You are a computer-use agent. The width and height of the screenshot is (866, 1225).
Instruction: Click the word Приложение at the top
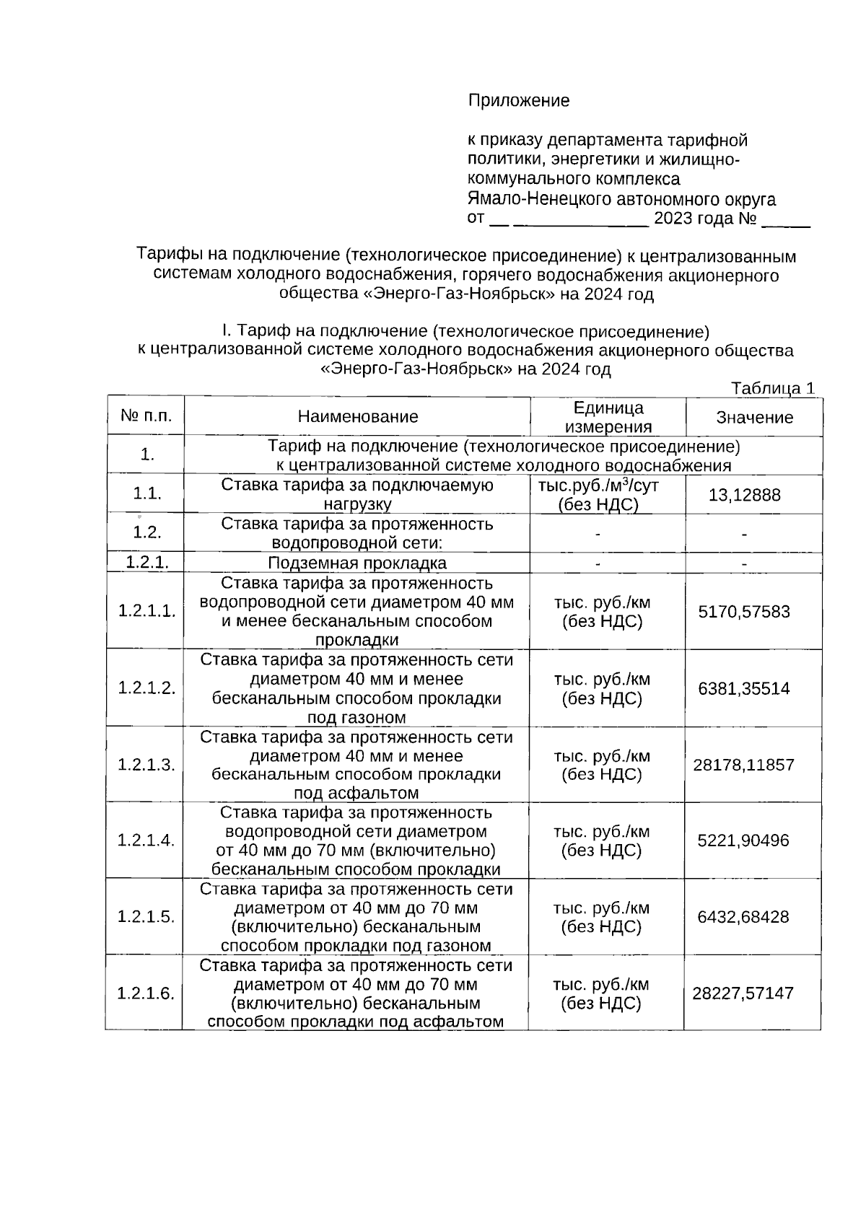click(x=518, y=101)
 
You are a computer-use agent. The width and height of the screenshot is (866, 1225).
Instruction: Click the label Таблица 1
click(x=772, y=388)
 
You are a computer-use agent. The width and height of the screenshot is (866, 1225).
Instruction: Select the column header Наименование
click(x=357, y=417)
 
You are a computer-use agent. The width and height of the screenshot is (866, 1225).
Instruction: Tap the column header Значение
click(x=754, y=418)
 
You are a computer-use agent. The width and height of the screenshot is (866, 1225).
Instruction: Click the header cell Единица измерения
click(x=608, y=418)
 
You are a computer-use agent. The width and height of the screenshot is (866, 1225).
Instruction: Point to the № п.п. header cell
click(x=146, y=416)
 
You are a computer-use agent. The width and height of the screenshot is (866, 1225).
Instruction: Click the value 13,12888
click(x=744, y=495)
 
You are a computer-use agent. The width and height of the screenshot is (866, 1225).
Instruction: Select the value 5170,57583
click(x=744, y=612)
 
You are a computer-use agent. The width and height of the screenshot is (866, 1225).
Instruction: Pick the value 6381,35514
click(x=744, y=688)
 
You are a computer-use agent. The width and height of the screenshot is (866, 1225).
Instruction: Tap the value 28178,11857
click(x=743, y=765)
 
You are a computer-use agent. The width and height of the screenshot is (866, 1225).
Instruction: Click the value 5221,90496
click(x=743, y=840)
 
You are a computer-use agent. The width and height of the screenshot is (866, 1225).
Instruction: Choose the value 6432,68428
click(x=743, y=917)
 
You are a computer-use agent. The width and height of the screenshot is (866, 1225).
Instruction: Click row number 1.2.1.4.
click(x=146, y=840)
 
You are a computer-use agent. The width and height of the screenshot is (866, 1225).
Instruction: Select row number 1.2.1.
click(x=146, y=563)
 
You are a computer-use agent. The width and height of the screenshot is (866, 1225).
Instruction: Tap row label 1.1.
click(x=146, y=494)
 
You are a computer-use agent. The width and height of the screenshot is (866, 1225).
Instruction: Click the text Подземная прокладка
click(x=357, y=563)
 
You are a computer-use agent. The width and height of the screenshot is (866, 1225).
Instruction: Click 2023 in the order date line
click(x=673, y=219)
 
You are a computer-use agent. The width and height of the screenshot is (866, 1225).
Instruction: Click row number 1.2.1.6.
click(x=146, y=993)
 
